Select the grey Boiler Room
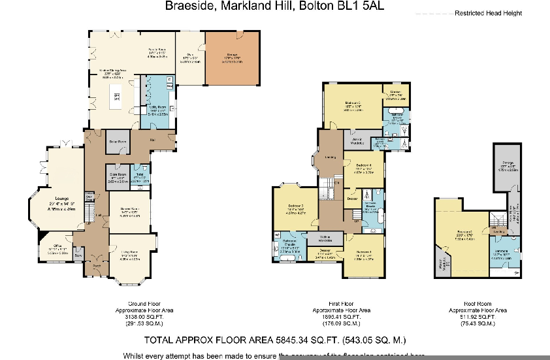coord(117,140)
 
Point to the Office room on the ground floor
coord(57,249)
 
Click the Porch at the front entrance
coord(96,265)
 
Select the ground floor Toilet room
coord(139,177)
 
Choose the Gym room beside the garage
coord(191,57)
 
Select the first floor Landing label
coord(331,156)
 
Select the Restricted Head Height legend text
coord(488,13)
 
